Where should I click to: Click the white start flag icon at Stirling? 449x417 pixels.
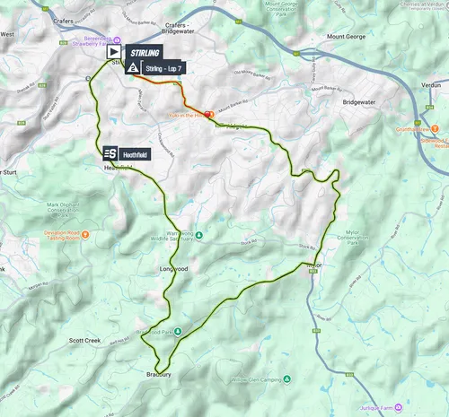point(114,53)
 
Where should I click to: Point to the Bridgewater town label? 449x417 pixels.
point(363,103)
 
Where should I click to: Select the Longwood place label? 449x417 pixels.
point(173,268)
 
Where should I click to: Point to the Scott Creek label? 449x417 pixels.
point(88,342)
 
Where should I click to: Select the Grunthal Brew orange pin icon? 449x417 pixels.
point(415,122)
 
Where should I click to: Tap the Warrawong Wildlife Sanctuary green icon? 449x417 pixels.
point(199,237)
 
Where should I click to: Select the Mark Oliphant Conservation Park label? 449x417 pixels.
point(52,210)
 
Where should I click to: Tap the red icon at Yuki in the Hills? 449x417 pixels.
point(207,115)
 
